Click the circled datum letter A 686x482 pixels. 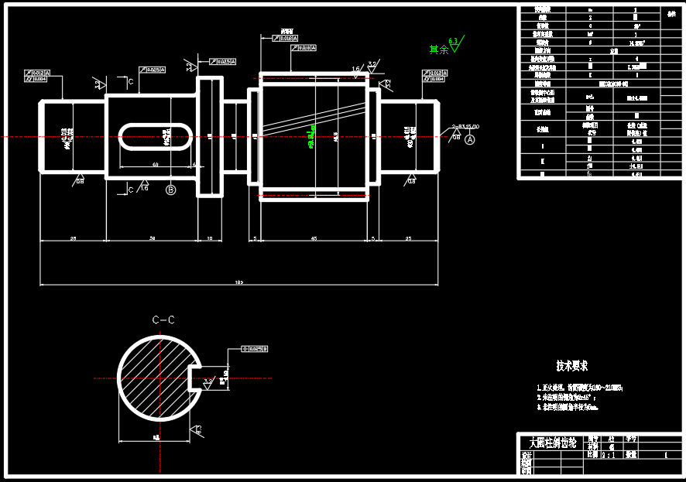pyautogui.click(x=469, y=138)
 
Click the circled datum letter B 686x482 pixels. pyautogui.click(x=171, y=190)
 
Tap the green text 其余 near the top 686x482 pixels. pyautogui.click(x=438, y=50)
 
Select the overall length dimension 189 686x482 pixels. pyautogui.click(x=238, y=283)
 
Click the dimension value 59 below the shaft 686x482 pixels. pyautogui.click(x=152, y=238)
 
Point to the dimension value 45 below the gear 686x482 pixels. pyautogui.click(x=314, y=238)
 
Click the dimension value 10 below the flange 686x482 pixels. pyautogui.click(x=209, y=238)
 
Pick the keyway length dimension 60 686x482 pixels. pyautogui.click(x=155, y=165)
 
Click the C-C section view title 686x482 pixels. pyautogui.click(x=163, y=320)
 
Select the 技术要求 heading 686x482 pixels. pyautogui.click(x=571, y=365)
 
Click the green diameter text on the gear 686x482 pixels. pyautogui.click(x=310, y=136)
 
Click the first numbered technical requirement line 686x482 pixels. pyautogui.click(x=579, y=388)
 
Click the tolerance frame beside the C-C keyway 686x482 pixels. pyautogui.click(x=255, y=350)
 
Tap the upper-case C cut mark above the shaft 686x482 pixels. pyautogui.click(x=131, y=80)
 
